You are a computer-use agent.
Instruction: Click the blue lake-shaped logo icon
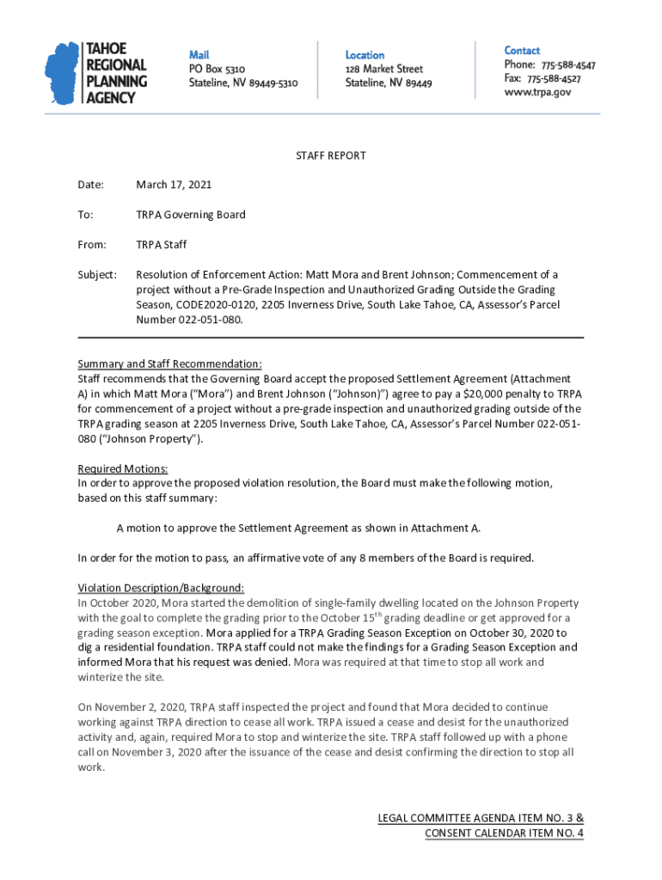coord(62,73)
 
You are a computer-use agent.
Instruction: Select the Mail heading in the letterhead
coord(199,54)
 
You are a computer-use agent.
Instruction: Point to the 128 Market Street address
coord(384,69)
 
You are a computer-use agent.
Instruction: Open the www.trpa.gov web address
coord(537,92)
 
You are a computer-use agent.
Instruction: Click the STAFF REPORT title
coord(331,156)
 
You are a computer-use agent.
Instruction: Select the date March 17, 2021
coord(174,185)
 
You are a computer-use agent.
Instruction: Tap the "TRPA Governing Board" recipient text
coord(191,215)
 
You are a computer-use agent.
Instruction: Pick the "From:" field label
coord(92,245)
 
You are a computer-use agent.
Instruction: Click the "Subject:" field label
coord(96,274)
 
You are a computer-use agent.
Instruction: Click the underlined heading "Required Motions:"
coord(123,468)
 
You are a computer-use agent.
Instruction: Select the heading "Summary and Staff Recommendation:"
coord(169,364)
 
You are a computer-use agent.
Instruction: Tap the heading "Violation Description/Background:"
coord(161,588)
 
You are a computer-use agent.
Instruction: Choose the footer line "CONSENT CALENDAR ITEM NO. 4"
coord(504,833)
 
